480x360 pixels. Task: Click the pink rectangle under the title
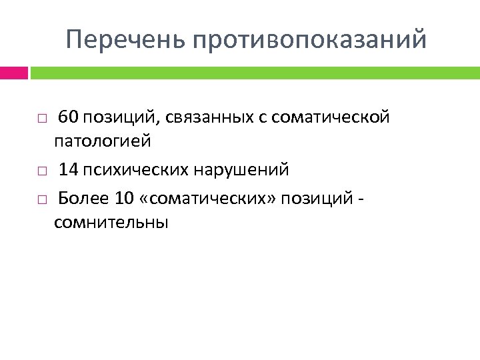click(14, 72)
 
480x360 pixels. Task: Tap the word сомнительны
click(111, 222)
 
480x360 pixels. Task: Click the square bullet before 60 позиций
click(41, 119)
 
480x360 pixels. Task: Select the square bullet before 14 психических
click(41, 171)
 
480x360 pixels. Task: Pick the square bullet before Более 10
click(41, 199)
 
